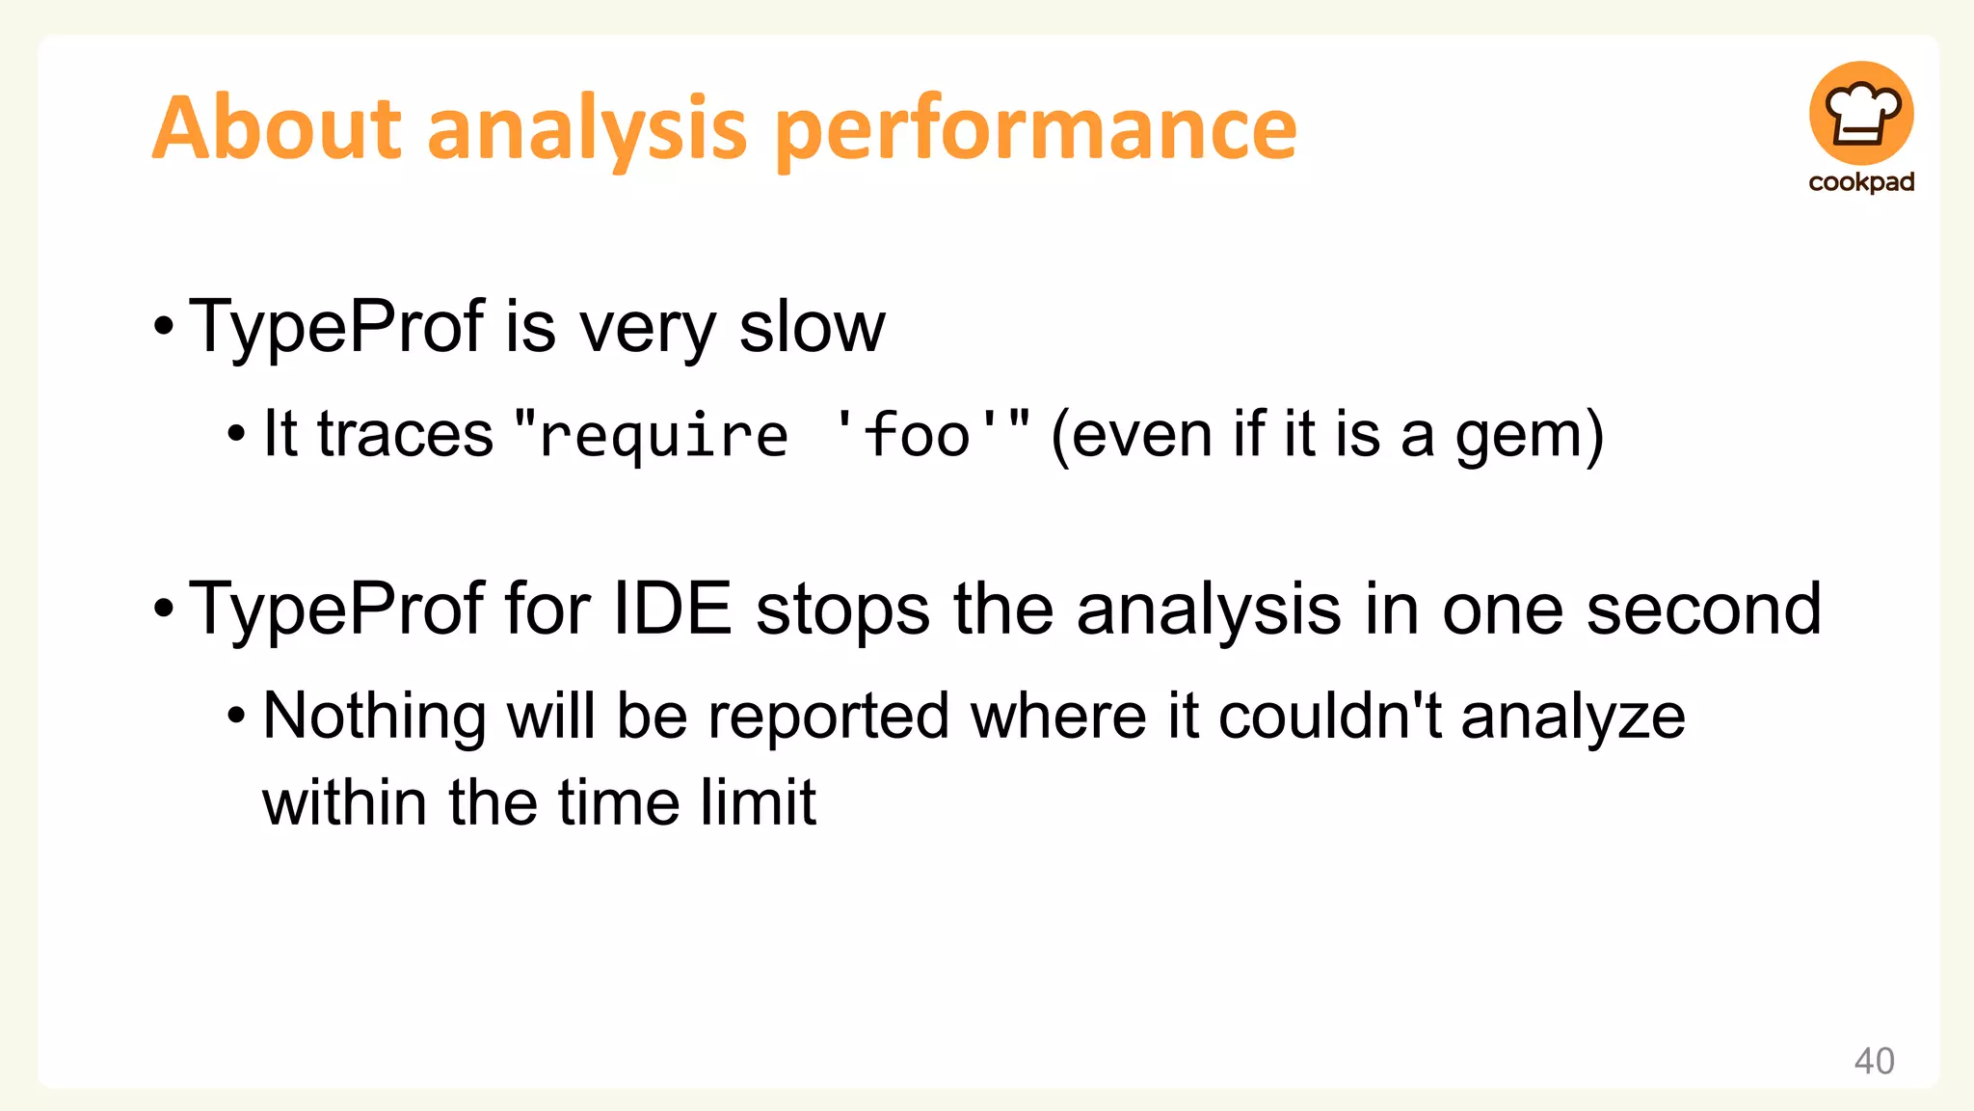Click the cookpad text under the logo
(1861, 182)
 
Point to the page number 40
(1874, 1061)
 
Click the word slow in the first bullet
(812, 327)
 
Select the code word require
(663, 435)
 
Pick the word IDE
(672, 610)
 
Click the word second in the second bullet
(1704, 610)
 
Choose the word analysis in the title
(586, 130)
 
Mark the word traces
(405, 435)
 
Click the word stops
(843, 610)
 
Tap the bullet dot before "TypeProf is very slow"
(164, 327)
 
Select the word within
(344, 802)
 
